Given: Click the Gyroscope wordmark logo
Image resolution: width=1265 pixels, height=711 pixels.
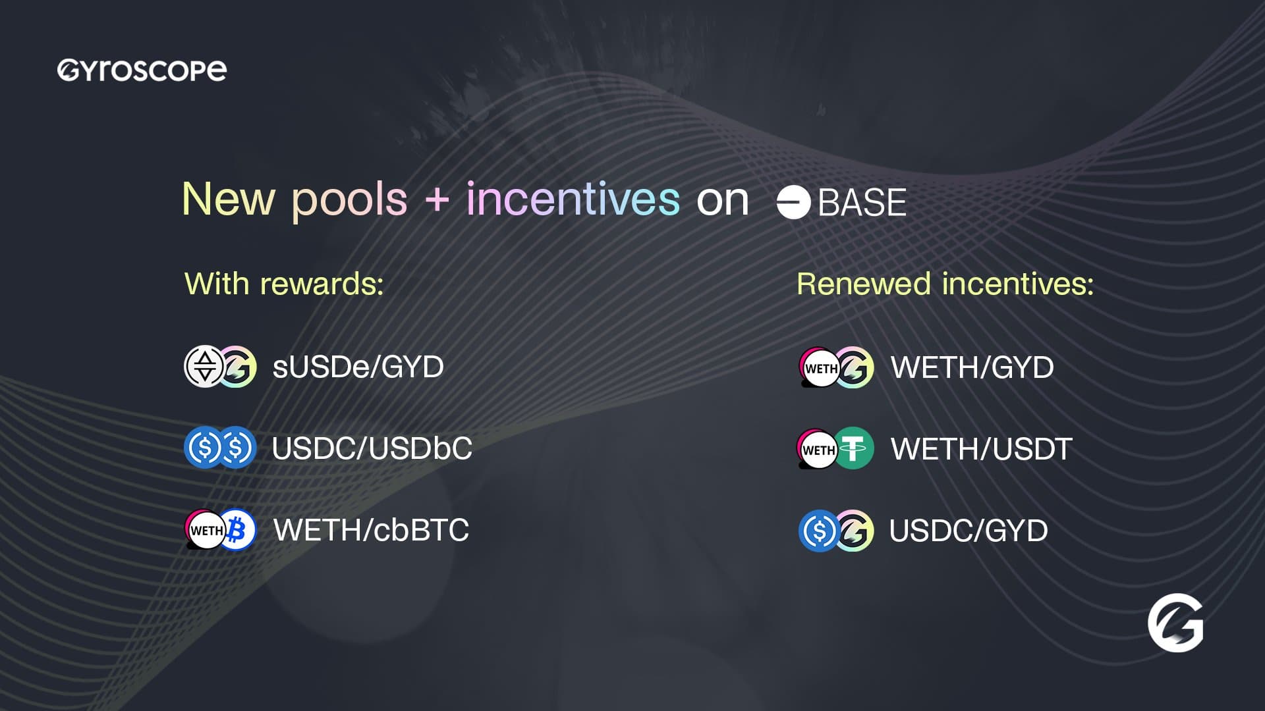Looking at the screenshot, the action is (x=142, y=70).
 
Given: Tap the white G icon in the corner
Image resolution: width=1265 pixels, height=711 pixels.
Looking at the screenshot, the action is (x=1175, y=623).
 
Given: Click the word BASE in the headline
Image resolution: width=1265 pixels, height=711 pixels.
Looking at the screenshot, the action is (x=862, y=202).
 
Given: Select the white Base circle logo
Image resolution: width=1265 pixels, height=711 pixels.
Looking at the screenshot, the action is (x=793, y=202).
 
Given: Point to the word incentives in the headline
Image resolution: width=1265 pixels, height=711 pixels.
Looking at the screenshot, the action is (x=573, y=198).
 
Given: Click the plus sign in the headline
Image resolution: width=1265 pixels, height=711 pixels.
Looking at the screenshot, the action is (x=437, y=200).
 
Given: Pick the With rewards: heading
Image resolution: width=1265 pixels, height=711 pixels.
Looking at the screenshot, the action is (x=284, y=284).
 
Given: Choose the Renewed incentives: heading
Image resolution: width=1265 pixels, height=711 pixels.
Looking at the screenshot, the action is (x=945, y=284).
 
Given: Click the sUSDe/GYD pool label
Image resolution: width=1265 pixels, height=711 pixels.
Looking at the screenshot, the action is (x=358, y=367).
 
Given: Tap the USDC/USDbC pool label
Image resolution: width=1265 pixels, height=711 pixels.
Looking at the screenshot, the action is (x=372, y=448).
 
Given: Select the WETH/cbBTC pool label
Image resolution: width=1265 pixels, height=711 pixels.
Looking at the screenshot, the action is (x=371, y=530).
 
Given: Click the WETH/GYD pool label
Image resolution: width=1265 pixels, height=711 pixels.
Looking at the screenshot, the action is (x=972, y=367).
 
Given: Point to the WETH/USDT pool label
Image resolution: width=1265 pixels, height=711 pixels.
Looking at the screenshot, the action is (x=981, y=449).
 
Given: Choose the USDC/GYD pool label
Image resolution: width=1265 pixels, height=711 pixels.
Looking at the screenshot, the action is (x=968, y=530).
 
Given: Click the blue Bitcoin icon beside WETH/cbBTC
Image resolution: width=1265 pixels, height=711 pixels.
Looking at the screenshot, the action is (x=237, y=529).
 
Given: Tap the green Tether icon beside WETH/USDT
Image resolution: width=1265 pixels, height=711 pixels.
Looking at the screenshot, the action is (x=854, y=448).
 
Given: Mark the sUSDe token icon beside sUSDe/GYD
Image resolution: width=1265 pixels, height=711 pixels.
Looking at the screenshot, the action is (x=204, y=366).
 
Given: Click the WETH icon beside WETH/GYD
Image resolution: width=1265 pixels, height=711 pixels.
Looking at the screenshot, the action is (x=819, y=367).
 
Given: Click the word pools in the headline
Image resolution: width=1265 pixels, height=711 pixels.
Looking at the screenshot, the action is (x=350, y=200).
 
